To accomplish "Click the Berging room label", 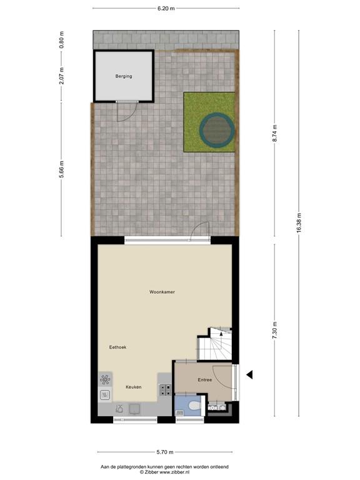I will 124,77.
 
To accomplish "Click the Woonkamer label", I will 161,292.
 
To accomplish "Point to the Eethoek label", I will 117,347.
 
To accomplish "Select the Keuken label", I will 133,387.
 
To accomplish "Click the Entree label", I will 205,380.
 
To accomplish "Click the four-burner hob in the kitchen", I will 166,390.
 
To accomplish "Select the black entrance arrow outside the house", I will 249,374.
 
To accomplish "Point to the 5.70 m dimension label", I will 165,452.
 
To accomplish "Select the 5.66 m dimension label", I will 61,169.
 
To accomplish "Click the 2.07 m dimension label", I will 61,75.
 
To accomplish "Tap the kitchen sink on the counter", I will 105,394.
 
